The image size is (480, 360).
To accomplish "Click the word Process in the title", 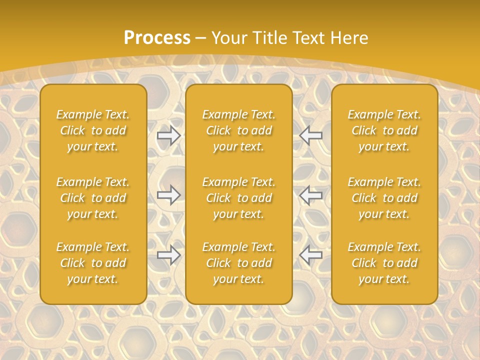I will tap(157, 38).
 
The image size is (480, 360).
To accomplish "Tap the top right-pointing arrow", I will tap(169, 135).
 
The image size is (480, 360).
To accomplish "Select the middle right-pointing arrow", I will tap(169, 195).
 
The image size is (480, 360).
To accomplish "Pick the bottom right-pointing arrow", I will tap(169, 255).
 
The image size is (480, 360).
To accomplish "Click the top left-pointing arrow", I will tap(310, 135).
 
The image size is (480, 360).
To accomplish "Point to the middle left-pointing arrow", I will tap(310, 195).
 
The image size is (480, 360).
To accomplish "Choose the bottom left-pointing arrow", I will tap(310, 255).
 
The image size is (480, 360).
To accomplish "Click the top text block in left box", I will tap(93, 130).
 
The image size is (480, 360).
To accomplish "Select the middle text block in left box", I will tap(93, 198).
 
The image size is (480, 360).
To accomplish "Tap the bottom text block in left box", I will tap(93, 263).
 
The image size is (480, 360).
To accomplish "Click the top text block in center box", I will tap(238, 130).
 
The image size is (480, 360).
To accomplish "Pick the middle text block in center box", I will tap(238, 198).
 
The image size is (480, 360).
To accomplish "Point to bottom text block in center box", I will tap(238, 263).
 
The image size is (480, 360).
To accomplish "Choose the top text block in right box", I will tap(384, 130).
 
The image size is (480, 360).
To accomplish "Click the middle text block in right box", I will tap(384, 198).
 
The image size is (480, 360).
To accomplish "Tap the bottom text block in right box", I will tap(384, 263).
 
